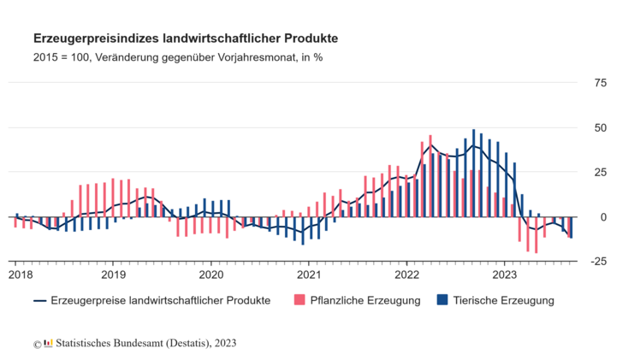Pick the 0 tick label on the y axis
click(603, 217)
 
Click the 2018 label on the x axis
click(21, 274)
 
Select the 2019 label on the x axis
click(114, 274)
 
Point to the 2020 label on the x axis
click(211, 274)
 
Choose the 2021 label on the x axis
click(309, 274)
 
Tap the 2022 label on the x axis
click(406, 274)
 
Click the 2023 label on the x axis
click(504, 274)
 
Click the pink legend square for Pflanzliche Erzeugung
click(299, 300)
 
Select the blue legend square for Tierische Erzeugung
click(441, 300)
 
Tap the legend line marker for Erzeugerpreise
click(39, 301)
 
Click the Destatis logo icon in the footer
click(48, 343)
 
